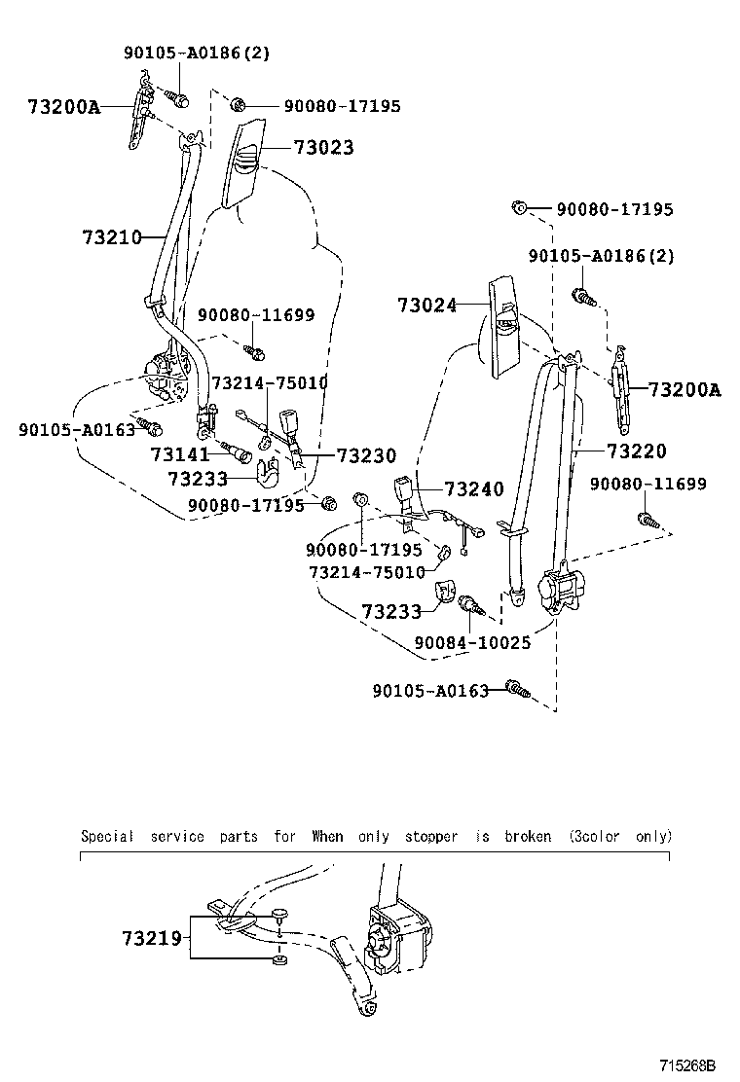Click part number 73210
[112, 236]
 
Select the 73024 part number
[426, 305]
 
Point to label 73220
[636, 451]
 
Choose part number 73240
[474, 489]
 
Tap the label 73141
[179, 454]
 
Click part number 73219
[152, 938]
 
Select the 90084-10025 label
[472, 642]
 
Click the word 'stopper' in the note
[430, 836]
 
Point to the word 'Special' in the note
[107, 836]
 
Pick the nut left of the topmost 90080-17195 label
[240, 105]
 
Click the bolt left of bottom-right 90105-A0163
[518, 691]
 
